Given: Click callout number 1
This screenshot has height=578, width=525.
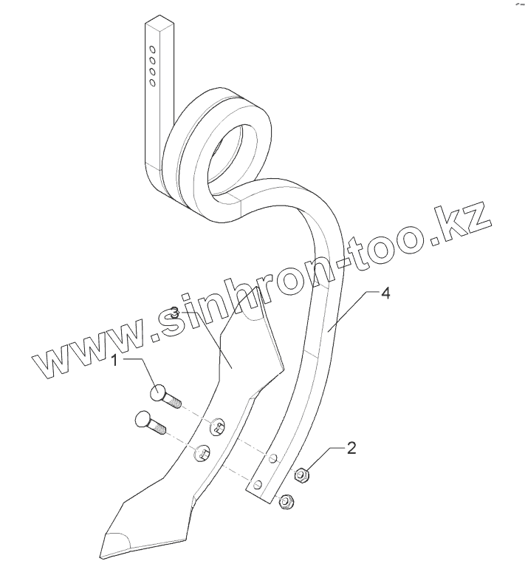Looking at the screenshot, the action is tap(115, 361).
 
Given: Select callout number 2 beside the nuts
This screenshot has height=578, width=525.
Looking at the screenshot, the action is tap(351, 448).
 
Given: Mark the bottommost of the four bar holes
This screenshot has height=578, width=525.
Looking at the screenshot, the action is tap(152, 83).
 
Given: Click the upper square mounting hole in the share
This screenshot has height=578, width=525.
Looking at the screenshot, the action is tap(219, 425).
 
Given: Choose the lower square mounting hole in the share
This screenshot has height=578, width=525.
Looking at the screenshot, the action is tap(200, 453).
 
